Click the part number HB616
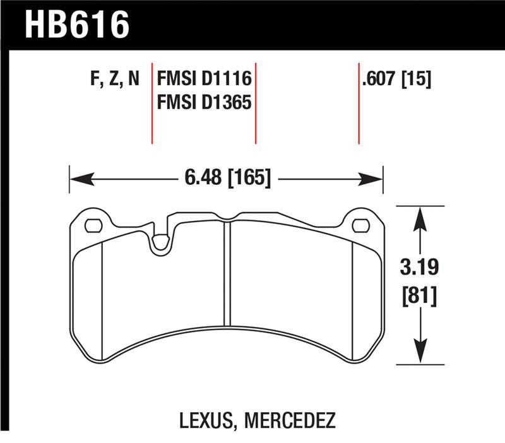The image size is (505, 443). pos(77,25)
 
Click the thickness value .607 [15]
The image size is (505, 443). pos(395,80)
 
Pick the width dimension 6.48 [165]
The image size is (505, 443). pos(228,179)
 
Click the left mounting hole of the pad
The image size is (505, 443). pos(93,225)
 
